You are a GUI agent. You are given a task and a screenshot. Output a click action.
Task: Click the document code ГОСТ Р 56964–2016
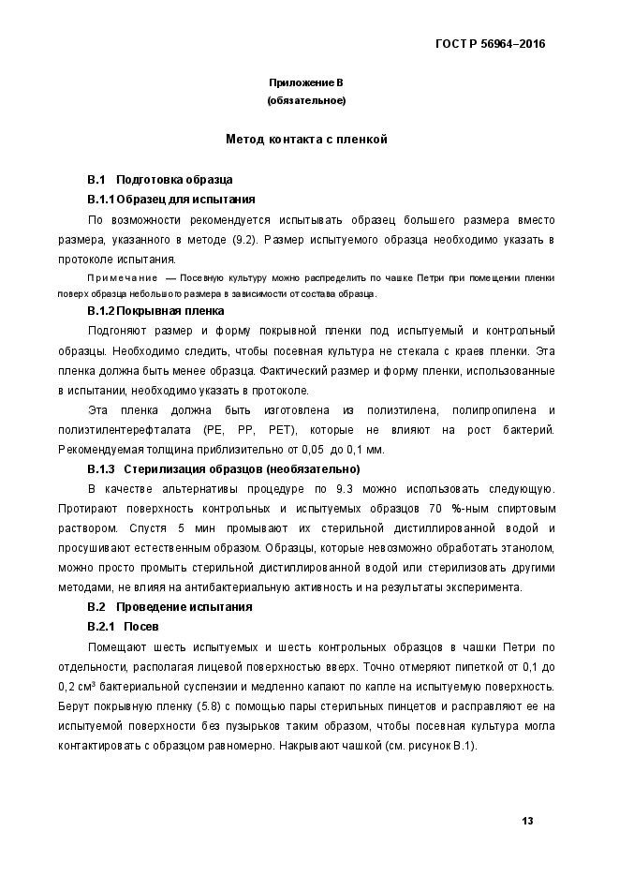491,44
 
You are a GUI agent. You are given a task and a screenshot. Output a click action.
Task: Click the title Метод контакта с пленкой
306,140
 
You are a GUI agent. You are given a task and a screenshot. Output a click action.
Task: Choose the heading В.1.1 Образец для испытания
170,199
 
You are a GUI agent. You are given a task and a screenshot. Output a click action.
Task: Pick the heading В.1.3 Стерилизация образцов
223,468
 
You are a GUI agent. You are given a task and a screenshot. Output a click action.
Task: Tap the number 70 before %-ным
435,508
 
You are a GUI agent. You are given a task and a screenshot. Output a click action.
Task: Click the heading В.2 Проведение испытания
169,606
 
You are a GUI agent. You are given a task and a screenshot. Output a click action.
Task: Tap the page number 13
527,821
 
